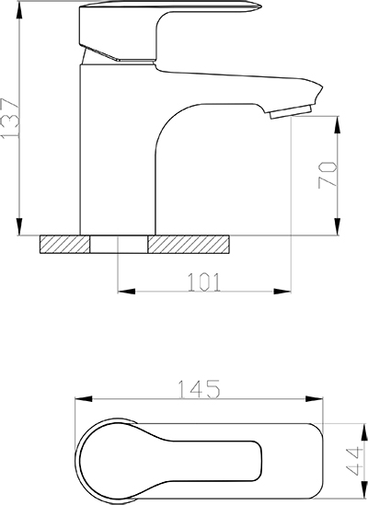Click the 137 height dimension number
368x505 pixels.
[10, 118]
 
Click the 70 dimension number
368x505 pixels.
[328, 175]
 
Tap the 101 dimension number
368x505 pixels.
[204, 282]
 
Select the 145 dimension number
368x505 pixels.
[200, 389]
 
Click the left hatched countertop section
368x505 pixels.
[64, 244]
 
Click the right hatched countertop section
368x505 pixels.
[189, 244]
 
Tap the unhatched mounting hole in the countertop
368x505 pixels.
[119, 244]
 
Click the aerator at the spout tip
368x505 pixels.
[291, 111]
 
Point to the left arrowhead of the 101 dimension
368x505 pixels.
[126, 292]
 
